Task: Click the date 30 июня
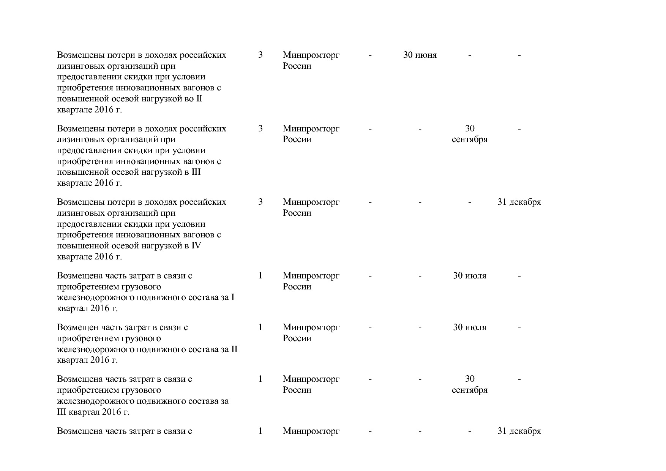420,55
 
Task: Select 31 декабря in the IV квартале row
519,202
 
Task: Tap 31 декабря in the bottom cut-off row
519,431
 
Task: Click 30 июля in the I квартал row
469,276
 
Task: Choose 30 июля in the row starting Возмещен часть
469,327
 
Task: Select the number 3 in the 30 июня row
260,55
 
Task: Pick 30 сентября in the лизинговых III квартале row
469,134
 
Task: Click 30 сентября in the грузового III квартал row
469,384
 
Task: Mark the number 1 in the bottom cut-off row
260,431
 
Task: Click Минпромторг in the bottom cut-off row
311,431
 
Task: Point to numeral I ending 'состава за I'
233,297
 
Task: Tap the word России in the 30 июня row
297,66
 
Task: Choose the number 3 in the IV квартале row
260,202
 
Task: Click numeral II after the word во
199,99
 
